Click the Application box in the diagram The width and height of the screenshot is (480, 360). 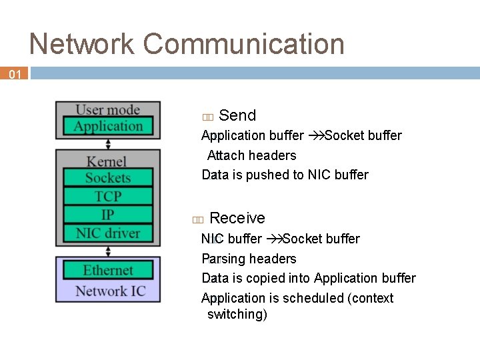tap(108, 126)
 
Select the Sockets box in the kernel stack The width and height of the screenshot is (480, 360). tap(108, 177)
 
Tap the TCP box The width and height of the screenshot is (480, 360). tap(108, 196)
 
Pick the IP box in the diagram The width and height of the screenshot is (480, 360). tap(108, 215)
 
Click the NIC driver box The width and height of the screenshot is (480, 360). tap(108, 233)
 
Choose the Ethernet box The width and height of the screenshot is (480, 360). tap(108, 270)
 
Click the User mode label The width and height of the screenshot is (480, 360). tap(108, 109)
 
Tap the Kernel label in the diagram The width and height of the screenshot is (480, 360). tap(107, 161)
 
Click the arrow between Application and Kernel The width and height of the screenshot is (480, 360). tap(108, 143)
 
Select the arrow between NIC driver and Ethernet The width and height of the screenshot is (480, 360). tap(108, 251)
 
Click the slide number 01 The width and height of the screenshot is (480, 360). tap(15, 75)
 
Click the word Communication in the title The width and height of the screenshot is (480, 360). tap(244, 44)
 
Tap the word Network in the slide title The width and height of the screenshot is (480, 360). tap(82, 44)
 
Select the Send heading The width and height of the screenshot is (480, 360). tap(237, 115)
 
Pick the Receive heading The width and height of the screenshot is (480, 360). tap(237, 218)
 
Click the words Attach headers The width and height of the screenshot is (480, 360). tap(251, 155)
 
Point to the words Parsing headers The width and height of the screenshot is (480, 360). tap(249, 259)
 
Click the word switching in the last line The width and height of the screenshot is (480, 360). tap(237, 314)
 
